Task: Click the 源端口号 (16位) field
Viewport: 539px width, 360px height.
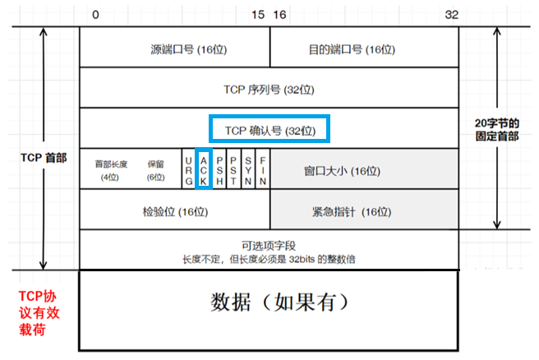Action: pos(174,49)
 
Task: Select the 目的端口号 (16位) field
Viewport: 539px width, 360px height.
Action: pos(363,49)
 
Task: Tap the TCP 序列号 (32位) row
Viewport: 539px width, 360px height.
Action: pos(269,89)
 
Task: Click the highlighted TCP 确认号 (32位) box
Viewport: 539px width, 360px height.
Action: pos(269,130)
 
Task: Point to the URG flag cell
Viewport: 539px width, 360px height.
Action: pos(189,168)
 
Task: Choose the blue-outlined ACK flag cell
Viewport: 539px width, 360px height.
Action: pos(205,168)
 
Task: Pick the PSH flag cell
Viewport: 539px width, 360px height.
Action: pos(219,168)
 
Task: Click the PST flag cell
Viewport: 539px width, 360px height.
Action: pos(233,168)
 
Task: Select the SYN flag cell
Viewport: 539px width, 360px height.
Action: pos(247,168)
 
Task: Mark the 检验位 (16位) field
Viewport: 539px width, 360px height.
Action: pos(174,211)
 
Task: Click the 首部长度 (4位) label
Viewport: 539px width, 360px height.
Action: pos(112,170)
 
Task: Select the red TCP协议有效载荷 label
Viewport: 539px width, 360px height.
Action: pos(39,312)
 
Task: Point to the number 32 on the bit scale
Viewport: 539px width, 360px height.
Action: pos(451,15)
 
